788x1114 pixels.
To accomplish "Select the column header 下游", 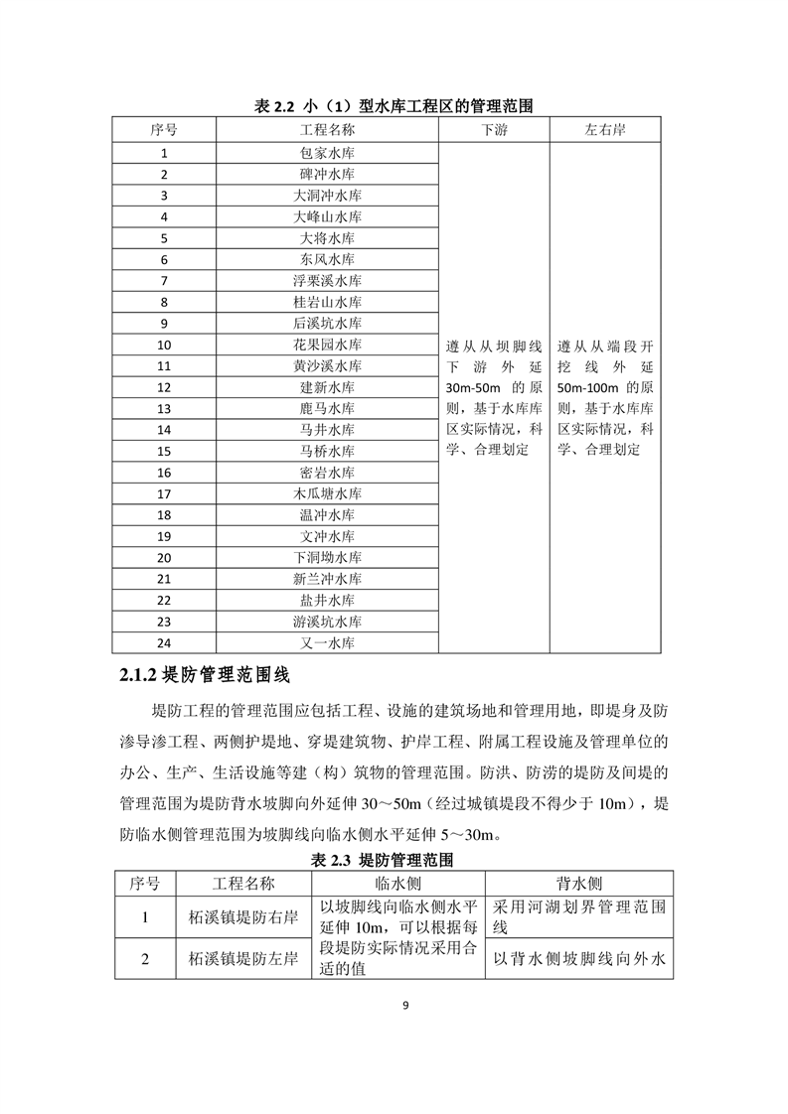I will (x=494, y=130).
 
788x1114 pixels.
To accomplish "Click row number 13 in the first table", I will (x=164, y=409).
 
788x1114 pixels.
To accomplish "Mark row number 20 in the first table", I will (x=164, y=558).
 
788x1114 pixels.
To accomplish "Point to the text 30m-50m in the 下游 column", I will (x=472, y=387).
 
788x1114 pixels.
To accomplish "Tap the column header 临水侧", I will (x=398, y=883).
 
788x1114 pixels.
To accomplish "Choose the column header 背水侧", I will (x=578, y=883).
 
